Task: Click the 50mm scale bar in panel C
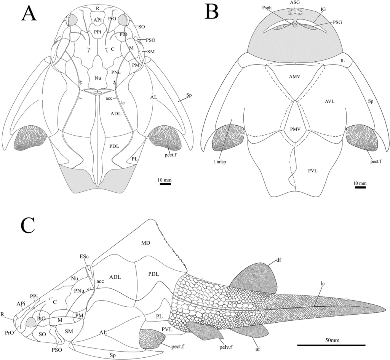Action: pos(331,345)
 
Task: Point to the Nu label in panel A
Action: pos(98,78)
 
